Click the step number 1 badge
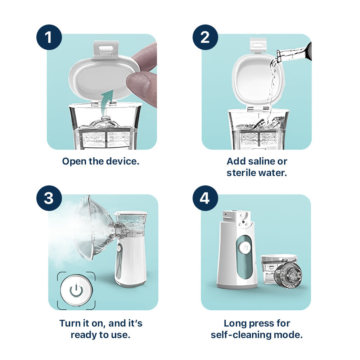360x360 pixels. pyautogui.click(x=49, y=37)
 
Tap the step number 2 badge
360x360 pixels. pyautogui.click(x=205, y=37)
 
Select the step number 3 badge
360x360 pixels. pyautogui.click(x=49, y=198)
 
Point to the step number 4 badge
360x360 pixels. pyautogui.click(x=205, y=198)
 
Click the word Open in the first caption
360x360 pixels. pyautogui.click(x=74, y=161)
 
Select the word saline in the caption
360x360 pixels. pyautogui.click(x=257, y=161)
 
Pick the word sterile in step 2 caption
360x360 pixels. pyautogui.click(x=241, y=172)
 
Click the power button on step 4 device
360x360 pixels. pyautogui.click(x=245, y=247)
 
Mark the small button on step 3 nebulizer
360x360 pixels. pyautogui.click(x=119, y=248)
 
